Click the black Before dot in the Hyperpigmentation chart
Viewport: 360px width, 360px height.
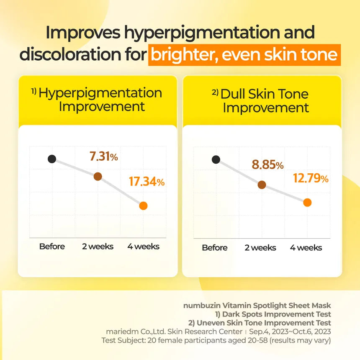tap(52, 159)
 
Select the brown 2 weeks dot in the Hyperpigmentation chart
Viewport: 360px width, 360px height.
tap(98, 176)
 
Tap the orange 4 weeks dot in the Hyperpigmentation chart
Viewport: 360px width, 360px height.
tap(143, 206)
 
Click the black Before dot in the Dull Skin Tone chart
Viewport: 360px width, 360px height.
tap(216, 159)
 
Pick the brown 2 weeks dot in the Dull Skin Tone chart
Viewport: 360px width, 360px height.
tap(262, 185)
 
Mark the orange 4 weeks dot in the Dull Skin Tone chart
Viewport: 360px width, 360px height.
tap(307, 203)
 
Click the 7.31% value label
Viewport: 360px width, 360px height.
tap(104, 157)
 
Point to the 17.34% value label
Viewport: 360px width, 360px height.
tap(147, 182)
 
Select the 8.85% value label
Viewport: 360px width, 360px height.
tap(268, 165)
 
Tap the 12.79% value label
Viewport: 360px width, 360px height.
tap(311, 179)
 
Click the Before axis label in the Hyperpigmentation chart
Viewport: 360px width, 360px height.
tap(52, 247)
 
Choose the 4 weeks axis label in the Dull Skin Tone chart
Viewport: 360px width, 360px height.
tap(306, 248)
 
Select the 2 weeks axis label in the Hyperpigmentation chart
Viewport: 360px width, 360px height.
tap(98, 247)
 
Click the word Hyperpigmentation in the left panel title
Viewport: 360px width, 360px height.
tap(100, 93)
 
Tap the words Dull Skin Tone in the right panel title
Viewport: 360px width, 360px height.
tap(265, 94)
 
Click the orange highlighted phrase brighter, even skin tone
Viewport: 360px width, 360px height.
tap(244, 55)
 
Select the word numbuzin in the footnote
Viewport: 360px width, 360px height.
tap(200, 306)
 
